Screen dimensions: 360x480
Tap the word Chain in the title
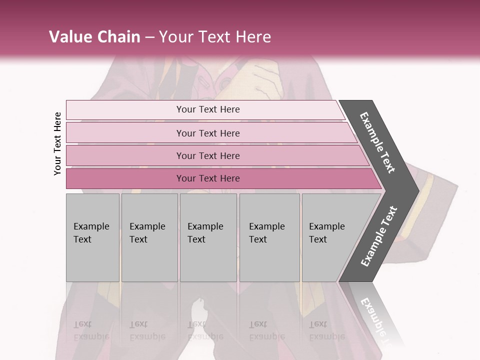tap(119, 37)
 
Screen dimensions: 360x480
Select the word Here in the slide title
tap(253, 37)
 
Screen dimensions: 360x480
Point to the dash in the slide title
tap(149, 37)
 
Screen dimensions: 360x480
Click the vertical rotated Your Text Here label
tap(57, 143)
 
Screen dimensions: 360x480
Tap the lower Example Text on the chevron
tap(378, 236)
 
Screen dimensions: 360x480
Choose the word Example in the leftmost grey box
tap(91, 226)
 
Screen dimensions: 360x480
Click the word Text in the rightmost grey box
tap(318, 239)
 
